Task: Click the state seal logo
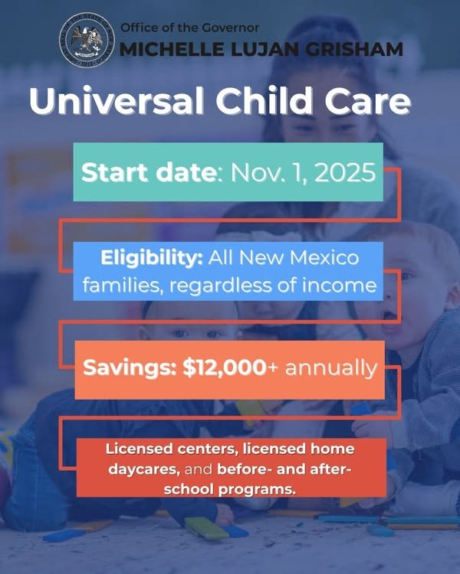(x=86, y=40)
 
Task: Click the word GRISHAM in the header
(x=360, y=50)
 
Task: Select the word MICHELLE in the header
(x=163, y=50)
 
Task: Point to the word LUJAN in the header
(x=255, y=50)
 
